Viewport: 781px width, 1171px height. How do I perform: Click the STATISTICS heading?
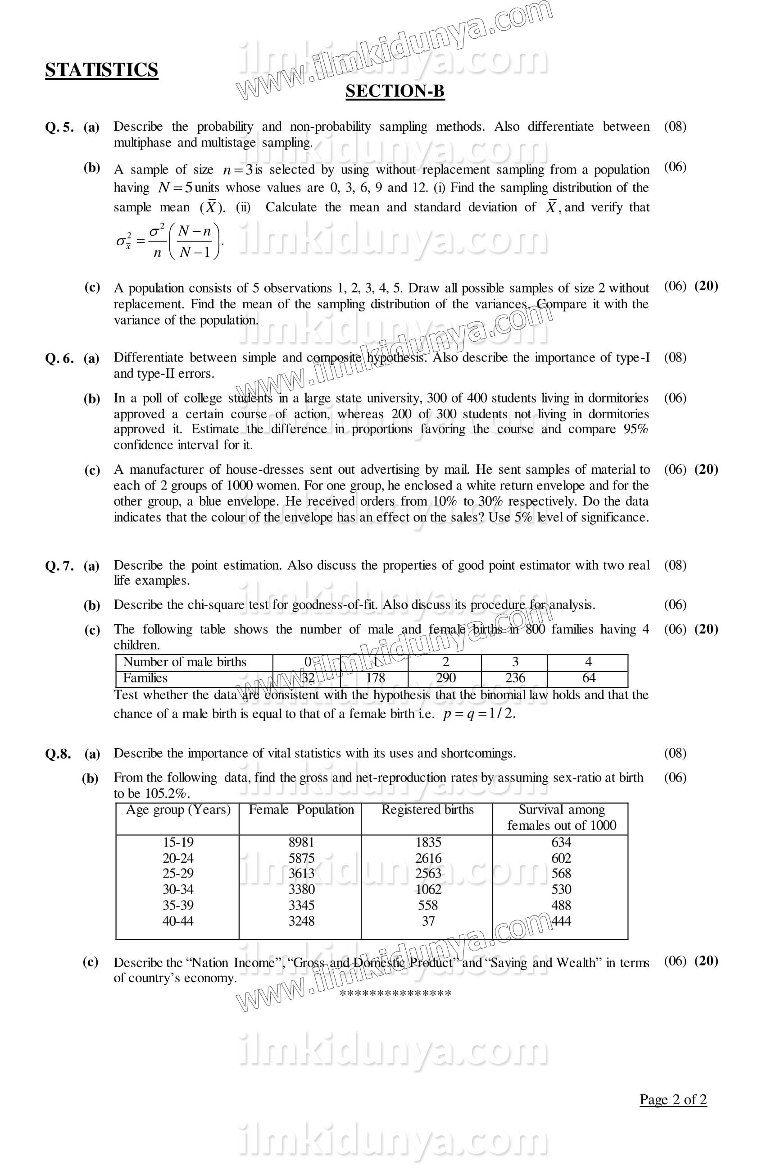pyautogui.click(x=102, y=70)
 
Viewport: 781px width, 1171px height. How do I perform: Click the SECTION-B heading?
pyautogui.click(x=395, y=91)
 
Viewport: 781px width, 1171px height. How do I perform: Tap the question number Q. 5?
pyautogui.click(x=59, y=128)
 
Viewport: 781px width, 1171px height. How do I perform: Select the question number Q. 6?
pyautogui.click(x=59, y=358)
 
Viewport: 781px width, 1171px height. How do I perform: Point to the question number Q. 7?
pyautogui.click(x=59, y=566)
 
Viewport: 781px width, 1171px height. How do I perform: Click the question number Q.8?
pyautogui.click(x=58, y=754)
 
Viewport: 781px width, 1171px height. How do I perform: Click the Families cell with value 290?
pyautogui.click(x=445, y=678)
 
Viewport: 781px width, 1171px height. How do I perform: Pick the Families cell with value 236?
pyautogui.click(x=514, y=678)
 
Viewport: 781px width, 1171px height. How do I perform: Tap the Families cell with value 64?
pyautogui.click(x=588, y=678)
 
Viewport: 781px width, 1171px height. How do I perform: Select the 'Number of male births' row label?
pyautogui.click(x=185, y=662)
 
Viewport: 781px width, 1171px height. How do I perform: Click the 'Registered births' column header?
pyautogui.click(x=427, y=810)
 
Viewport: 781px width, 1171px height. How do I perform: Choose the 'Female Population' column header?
pyautogui.click(x=301, y=810)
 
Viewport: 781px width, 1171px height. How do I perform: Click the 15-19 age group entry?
pyautogui.click(x=178, y=842)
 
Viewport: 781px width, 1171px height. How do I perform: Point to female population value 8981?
pyautogui.click(x=301, y=842)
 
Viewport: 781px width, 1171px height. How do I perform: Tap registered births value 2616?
pyautogui.click(x=428, y=858)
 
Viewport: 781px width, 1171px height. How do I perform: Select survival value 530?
pyautogui.click(x=561, y=889)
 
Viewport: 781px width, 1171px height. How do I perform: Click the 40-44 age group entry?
pyautogui.click(x=178, y=921)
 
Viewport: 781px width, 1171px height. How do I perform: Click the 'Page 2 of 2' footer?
pyautogui.click(x=673, y=1099)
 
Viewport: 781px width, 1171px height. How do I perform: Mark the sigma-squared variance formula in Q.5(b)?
pyautogui.click(x=169, y=242)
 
